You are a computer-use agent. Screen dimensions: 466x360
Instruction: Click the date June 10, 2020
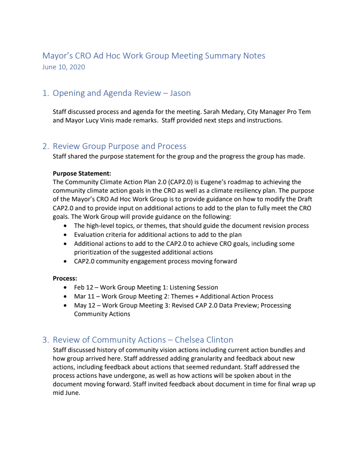point(63,67)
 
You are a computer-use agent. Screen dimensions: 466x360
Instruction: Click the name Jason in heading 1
point(180,93)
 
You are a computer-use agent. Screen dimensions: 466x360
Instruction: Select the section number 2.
point(45,146)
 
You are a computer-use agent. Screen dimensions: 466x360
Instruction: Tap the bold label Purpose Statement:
point(82,173)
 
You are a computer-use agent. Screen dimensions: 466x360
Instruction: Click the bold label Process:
point(65,279)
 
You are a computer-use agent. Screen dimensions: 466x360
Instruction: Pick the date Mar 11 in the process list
point(85,296)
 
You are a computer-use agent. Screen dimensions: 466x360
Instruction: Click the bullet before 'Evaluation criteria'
point(67,235)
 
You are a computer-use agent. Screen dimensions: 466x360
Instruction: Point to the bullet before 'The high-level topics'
point(67,226)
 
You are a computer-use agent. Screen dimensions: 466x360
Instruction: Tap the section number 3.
point(45,340)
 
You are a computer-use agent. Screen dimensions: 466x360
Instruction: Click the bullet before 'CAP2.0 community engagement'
point(67,262)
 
